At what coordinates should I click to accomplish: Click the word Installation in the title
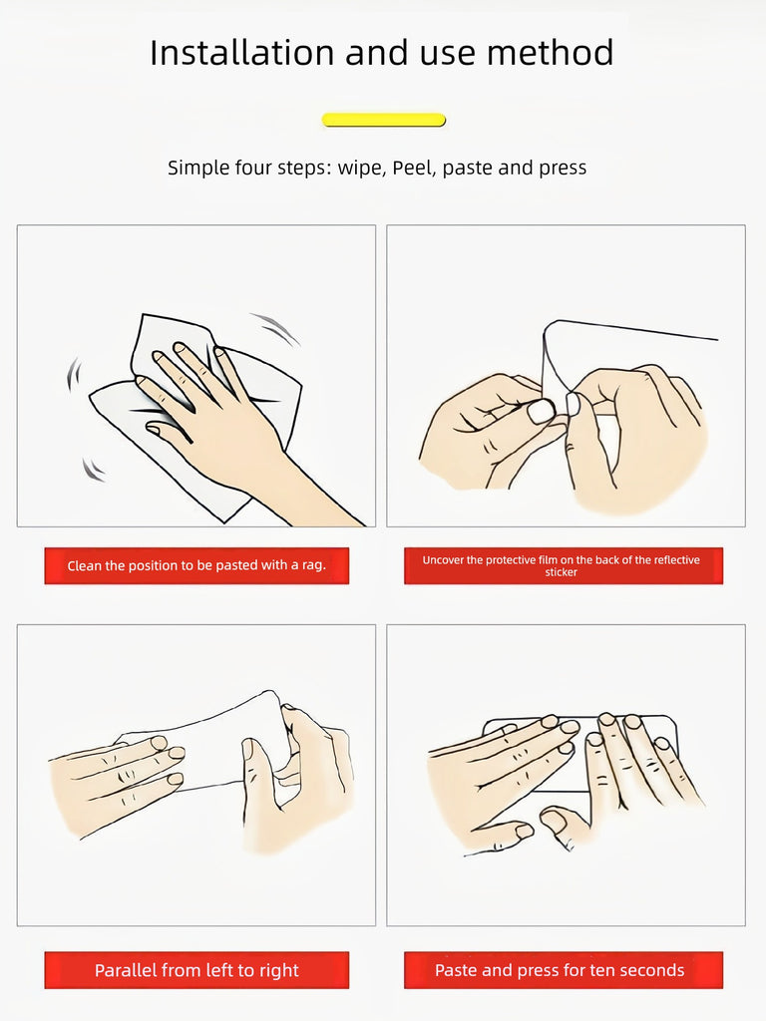(242, 53)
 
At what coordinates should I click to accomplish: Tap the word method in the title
(551, 53)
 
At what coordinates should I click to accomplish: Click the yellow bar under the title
(384, 120)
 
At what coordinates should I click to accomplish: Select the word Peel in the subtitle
(413, 168)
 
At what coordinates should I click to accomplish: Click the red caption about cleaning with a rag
(196, 565)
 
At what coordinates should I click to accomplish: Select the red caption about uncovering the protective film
(564, 565)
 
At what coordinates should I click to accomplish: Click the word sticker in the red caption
(562, 572)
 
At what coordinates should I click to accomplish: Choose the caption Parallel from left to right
(196, 970)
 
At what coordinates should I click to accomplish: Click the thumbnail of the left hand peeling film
(540, 412)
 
